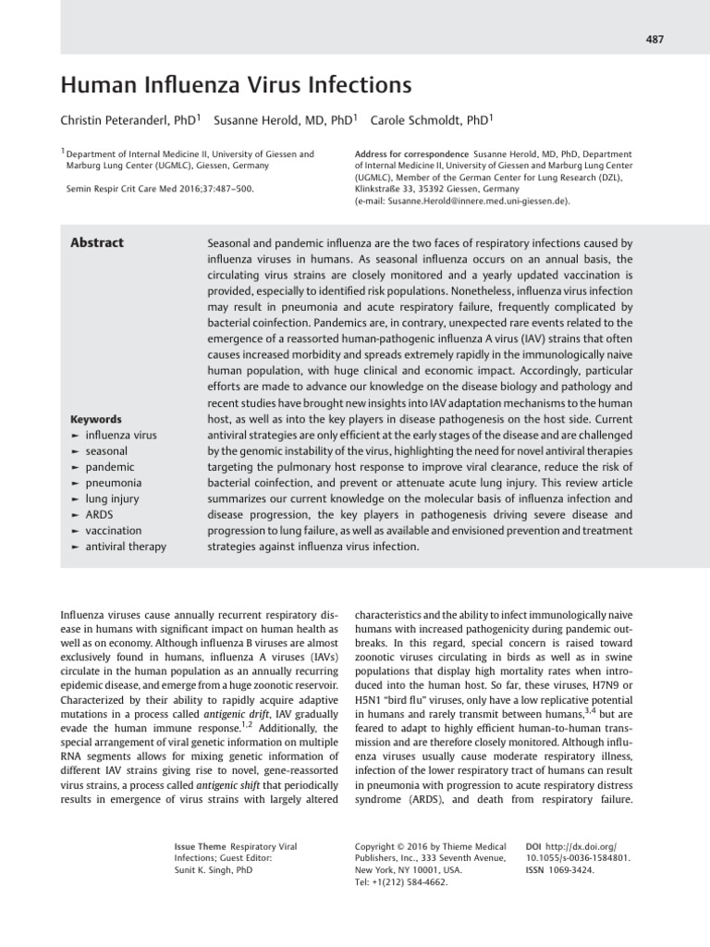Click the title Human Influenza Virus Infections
235,86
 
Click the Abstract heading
97,243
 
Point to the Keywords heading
96,419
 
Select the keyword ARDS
99,514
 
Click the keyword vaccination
113,530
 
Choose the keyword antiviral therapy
125,547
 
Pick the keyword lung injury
111,498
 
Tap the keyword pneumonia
113,483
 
